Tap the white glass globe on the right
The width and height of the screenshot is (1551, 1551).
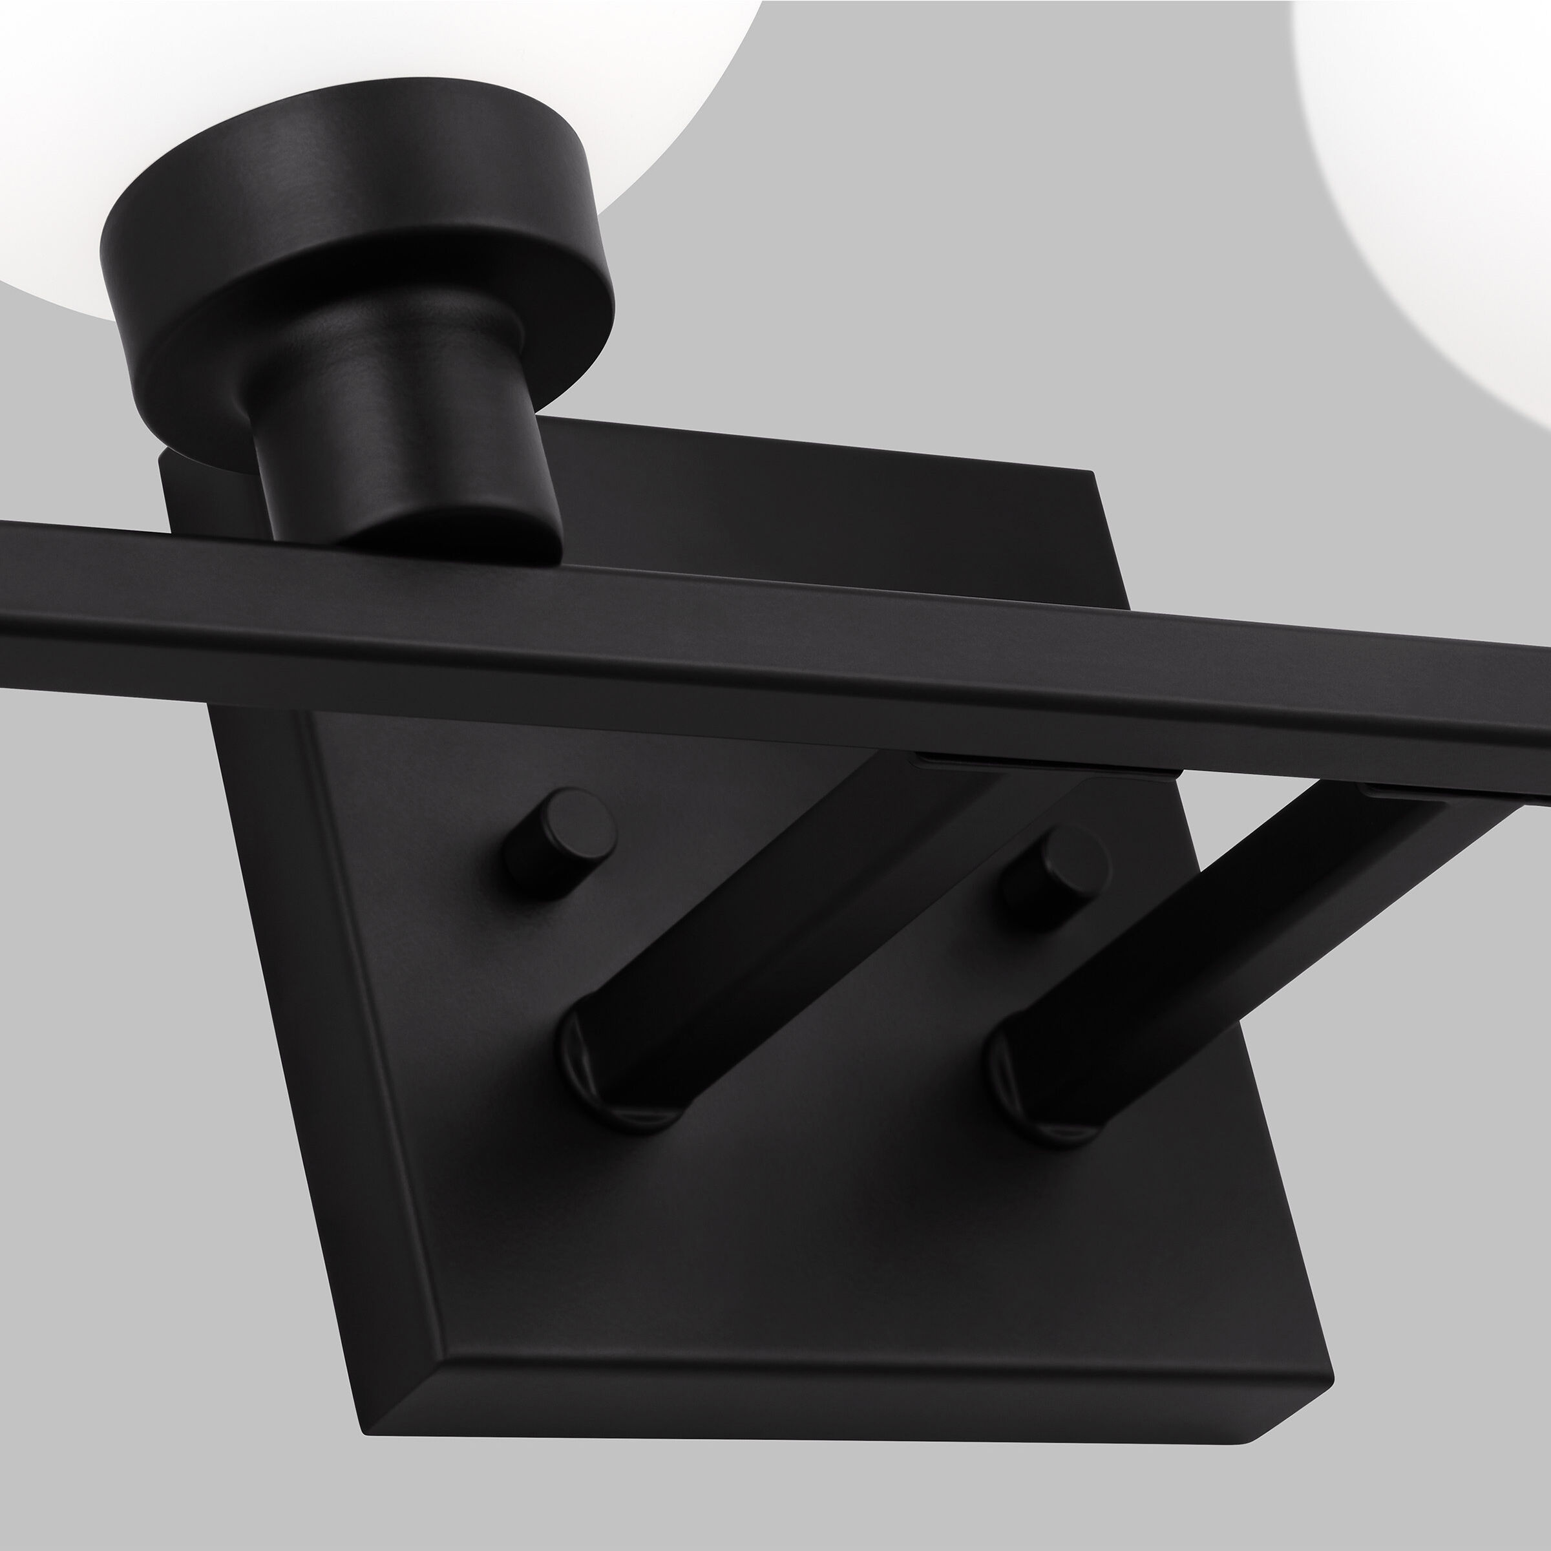click(x=1445, y=160)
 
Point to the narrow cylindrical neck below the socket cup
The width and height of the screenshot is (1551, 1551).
click(x=401, y=450)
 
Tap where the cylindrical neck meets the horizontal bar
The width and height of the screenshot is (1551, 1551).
click(x=450, y=538)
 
